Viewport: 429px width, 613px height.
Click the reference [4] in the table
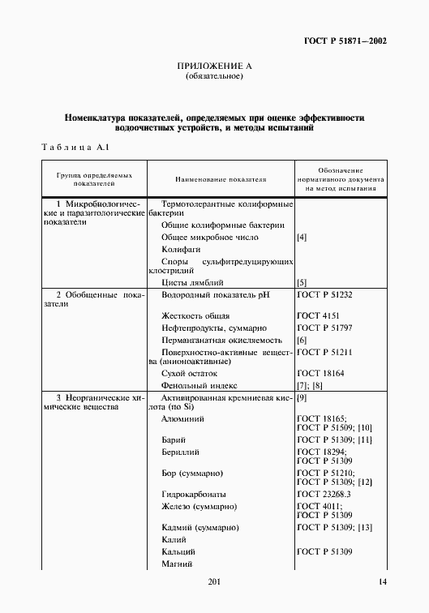click(302, 238)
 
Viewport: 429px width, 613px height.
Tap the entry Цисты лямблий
click(191, 282)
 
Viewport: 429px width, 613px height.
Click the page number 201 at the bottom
click(214, 582)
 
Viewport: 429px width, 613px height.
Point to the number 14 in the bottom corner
click(382, 582)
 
